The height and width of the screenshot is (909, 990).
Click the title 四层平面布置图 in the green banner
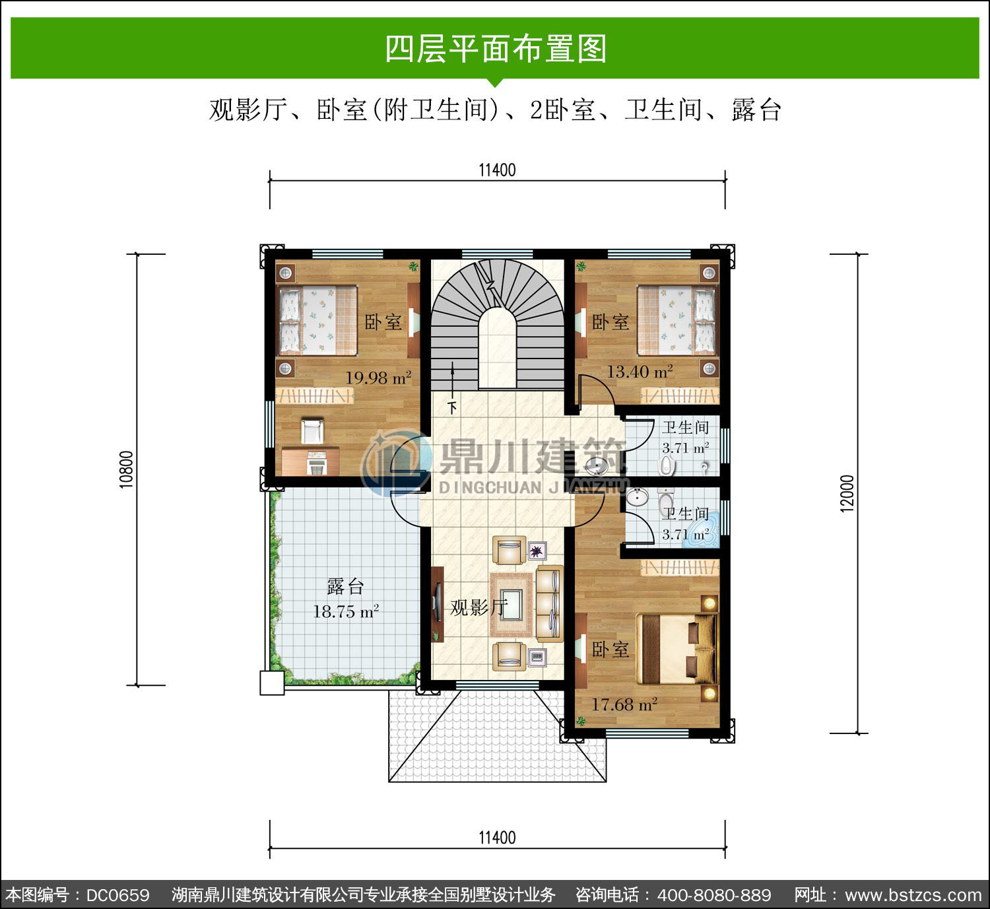[496, 48]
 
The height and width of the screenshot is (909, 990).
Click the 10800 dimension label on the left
[126, 469]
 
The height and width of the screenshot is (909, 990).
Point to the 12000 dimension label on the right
[847, 494]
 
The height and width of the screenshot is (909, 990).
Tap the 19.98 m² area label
[378, 378]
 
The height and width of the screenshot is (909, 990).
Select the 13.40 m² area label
[640, 371]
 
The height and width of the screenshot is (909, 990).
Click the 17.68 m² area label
[624, 704]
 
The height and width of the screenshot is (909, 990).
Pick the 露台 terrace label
[345, 586]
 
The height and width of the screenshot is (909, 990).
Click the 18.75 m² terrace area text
[346, 612]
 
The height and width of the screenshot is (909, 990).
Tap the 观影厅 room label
[478, 607]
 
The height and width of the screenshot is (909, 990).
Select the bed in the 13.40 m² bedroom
[676, 320]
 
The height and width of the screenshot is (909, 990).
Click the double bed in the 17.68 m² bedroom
[676, 649]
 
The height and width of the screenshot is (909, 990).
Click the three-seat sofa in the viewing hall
[549, 604]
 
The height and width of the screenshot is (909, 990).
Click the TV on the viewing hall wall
[438, 603]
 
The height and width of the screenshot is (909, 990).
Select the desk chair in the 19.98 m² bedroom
[312, 431]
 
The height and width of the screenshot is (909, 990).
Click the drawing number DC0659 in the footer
[118, 894]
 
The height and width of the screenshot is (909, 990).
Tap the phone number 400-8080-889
[714, 894]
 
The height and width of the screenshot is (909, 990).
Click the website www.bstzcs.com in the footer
[913, 894]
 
